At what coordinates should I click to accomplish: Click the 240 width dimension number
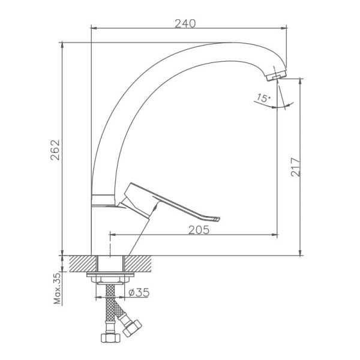coord(185,23)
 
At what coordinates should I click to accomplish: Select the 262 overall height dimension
coord(55,150)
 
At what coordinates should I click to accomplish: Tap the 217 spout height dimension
coord(295,167)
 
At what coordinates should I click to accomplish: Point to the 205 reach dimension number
coord(199,230)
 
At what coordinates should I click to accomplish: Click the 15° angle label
coord(263,98)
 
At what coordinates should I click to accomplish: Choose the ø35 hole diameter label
coord(139,292)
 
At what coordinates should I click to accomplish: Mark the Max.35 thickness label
coord(58,289)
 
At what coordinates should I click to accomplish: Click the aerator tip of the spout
coord(276,76)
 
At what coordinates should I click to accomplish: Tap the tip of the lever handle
coord(217,220)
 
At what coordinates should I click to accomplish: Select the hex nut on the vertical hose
coord(110,337)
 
